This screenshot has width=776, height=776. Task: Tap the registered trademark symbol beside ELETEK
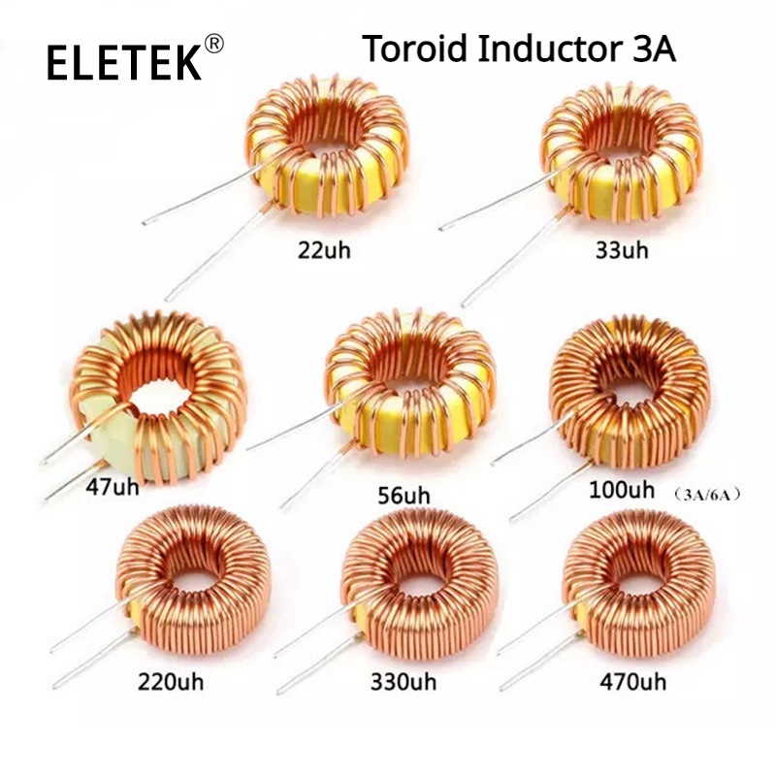click(215, 44)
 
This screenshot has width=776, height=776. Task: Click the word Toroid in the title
click(415, 48)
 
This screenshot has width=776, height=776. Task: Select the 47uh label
click(112, 485)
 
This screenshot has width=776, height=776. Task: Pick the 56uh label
click(403, 496)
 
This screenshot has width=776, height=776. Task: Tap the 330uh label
click(403, 682)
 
